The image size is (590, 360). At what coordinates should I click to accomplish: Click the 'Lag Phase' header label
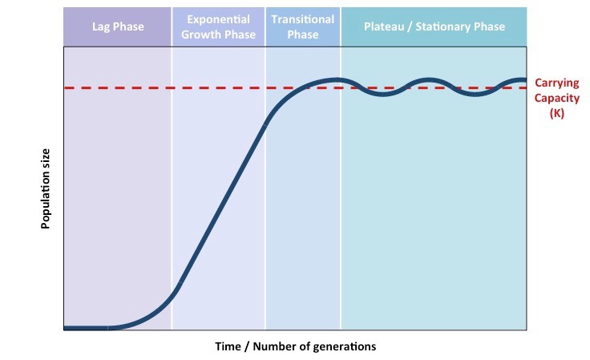click(118, 26)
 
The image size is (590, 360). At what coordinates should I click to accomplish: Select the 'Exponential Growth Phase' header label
click(219, 26)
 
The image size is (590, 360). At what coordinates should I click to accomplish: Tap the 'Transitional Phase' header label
click(303, 26)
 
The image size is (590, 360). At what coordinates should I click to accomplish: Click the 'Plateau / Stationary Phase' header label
click(434, 26)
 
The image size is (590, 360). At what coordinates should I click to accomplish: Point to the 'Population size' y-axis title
click(46, 188)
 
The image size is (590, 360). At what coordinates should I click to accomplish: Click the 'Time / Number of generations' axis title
click(295, 346)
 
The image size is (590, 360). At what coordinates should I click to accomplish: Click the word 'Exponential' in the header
click(219, 19)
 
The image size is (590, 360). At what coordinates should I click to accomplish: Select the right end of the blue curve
click(525, 80)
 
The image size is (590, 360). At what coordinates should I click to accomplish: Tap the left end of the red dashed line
click(66, 87)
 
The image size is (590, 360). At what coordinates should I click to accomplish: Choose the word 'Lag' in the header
click(103, 26)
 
